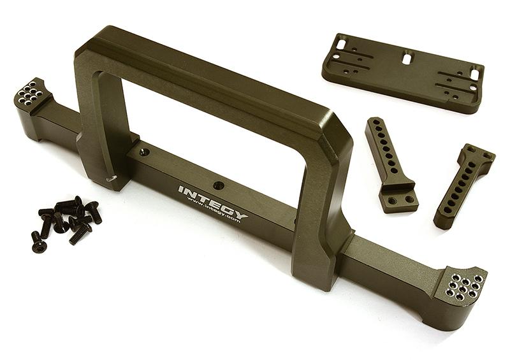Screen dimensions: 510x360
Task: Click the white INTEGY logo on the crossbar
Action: tap(213, 201)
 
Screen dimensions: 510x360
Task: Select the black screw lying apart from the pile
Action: tap(38, 242)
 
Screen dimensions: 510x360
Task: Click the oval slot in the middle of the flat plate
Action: tap(407, 58)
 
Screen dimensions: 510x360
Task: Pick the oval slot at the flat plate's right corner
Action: tap(475, 73)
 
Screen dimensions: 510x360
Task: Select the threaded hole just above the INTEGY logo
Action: tap(218, 185)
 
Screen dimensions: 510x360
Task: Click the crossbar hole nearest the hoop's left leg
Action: tap(145, 151)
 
